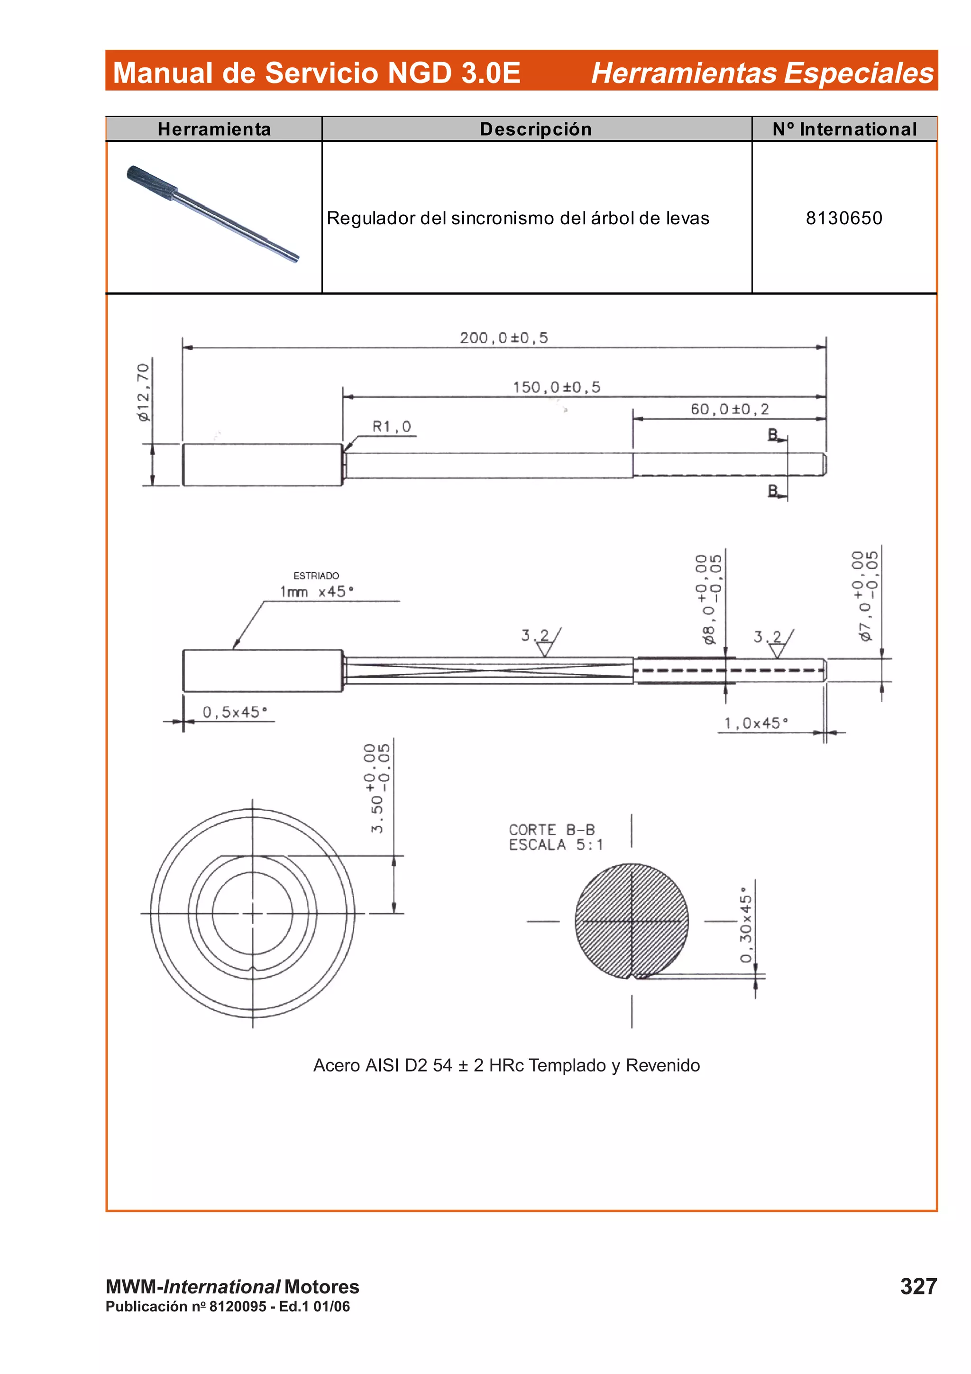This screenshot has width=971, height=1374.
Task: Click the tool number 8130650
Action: coord(843,218)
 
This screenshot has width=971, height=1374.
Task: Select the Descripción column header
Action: coord(535,129)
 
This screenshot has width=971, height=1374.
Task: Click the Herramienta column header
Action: coord(214,129)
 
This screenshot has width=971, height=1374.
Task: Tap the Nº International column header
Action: coord(844,129)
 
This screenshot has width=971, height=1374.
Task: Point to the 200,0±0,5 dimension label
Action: coord(504,338)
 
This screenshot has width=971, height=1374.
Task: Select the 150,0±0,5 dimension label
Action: coord(557,387)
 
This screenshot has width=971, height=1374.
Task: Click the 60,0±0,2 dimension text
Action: coord(729,409)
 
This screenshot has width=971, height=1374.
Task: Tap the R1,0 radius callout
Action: coord(391,427)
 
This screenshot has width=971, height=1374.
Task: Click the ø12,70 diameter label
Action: coord(144,393)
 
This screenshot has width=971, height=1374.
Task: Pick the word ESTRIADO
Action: coord(316,576)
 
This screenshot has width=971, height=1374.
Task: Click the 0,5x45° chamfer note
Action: coord(235,712)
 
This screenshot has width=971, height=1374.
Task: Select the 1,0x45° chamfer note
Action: coord(756,724)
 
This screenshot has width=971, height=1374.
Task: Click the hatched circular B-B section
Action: coord(631,920)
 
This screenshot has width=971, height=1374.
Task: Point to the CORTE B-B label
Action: coord(551,829)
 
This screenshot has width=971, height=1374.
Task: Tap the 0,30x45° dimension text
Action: coord(745,925)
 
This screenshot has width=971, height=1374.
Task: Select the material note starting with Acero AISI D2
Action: coord(506,1065)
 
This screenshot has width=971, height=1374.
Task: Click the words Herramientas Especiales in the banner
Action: coord(761,73)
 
